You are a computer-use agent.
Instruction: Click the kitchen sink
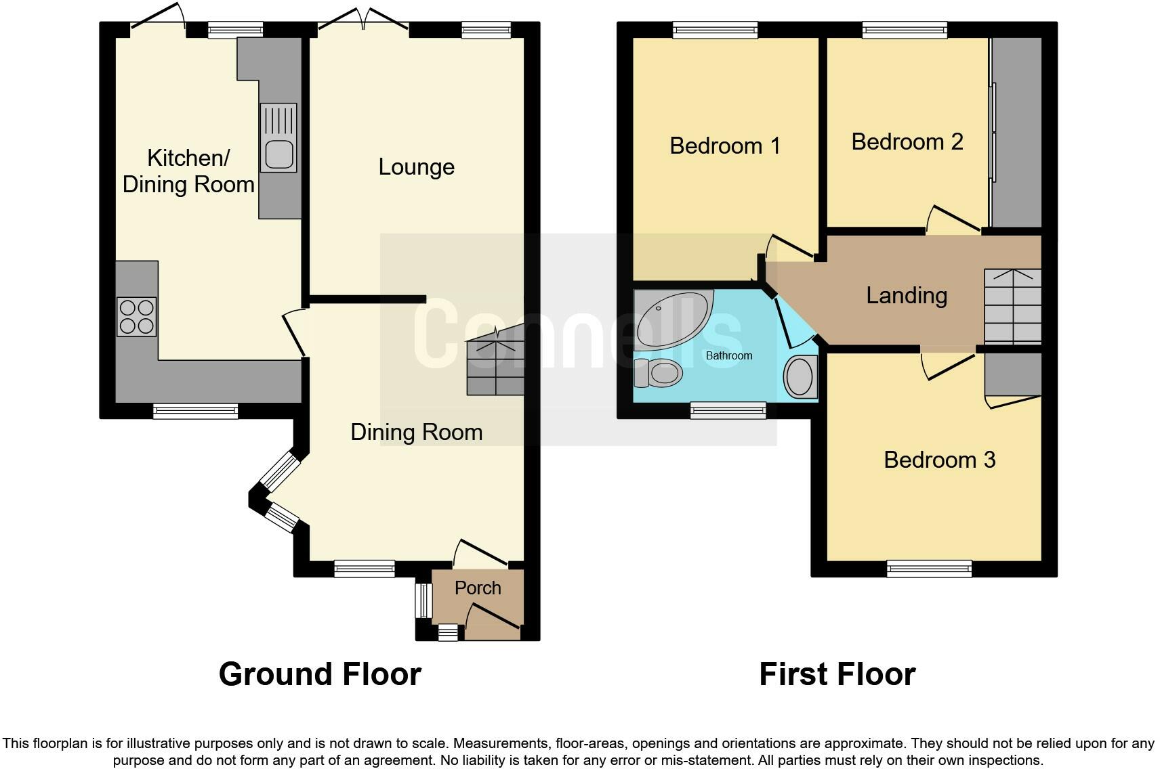click(x=278, y=138)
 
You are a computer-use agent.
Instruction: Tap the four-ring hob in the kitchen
click(x=136, y=317)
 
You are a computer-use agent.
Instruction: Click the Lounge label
click(x=416, y=167)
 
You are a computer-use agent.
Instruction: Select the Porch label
click(x=478, y=588)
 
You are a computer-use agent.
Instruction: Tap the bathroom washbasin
click(x=800, y=377)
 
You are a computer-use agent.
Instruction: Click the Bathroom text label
click(x=729, y=355)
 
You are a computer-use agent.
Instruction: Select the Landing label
click(x=907, y=296)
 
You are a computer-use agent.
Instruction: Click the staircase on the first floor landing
click(x=1012, y=306)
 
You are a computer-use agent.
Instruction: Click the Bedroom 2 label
click(x=907, y=142)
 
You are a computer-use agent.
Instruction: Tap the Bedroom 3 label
click(x=939, y=460)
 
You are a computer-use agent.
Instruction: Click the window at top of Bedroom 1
click(x=715, y=29)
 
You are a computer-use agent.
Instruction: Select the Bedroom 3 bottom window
click(x=929, y=569)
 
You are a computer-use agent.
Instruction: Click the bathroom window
click(x=728, y=410)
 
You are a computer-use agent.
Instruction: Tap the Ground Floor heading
click(x=320, y=674)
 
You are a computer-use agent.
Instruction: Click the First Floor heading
click(x=837, y=674)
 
